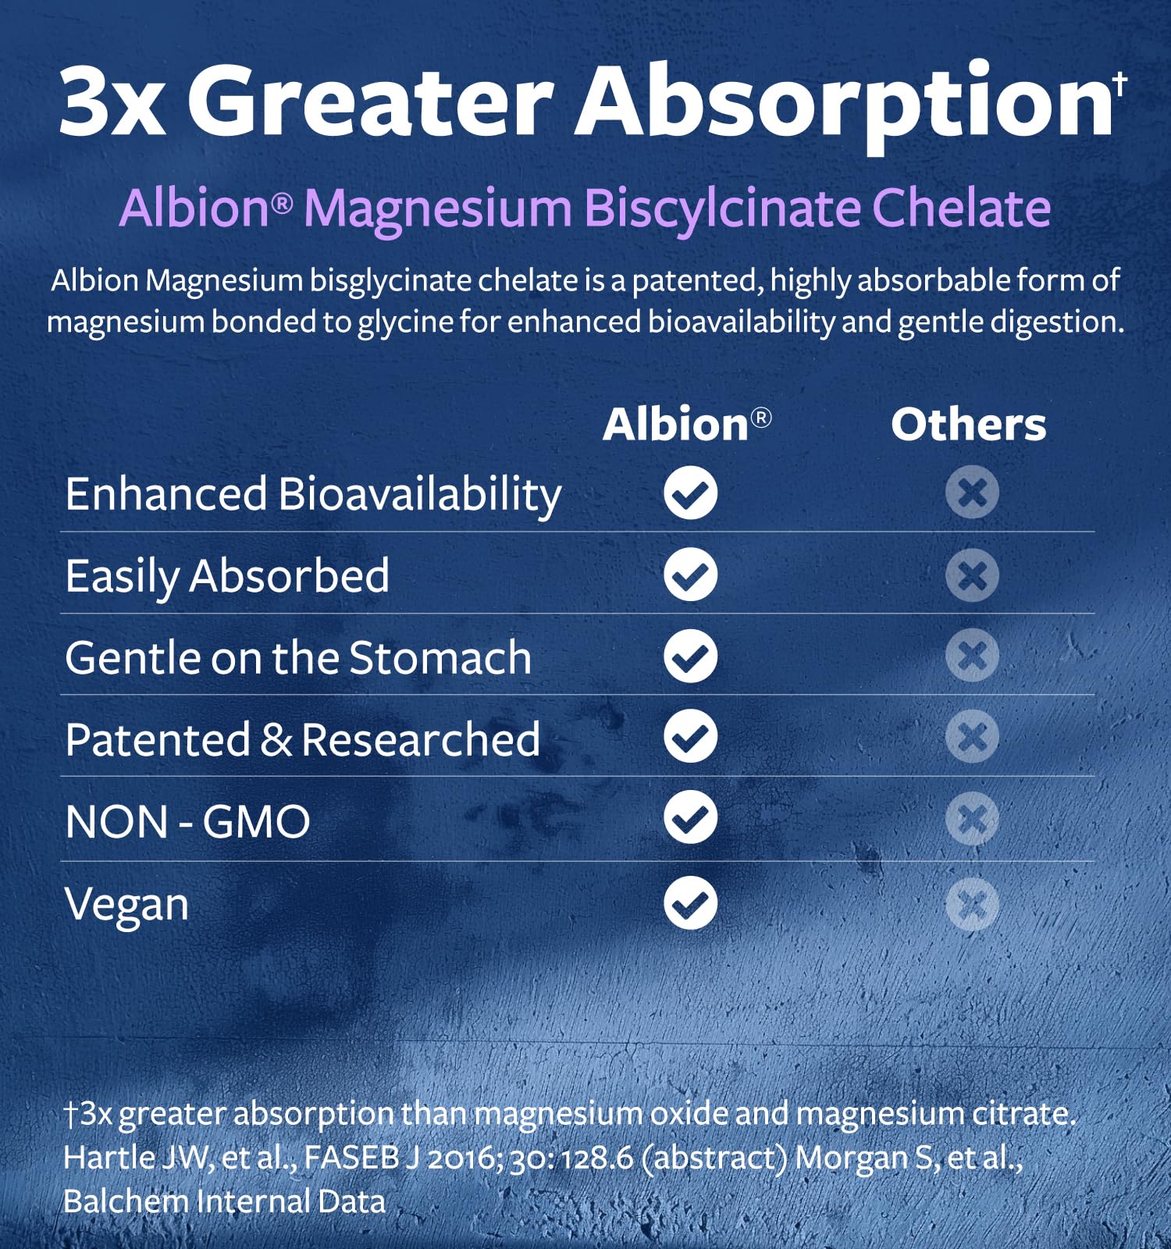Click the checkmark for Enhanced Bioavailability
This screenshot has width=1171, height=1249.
tap(691, 493)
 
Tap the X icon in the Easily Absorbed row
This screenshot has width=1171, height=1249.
tap(972, 575)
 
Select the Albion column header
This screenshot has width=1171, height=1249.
tap(687, 425)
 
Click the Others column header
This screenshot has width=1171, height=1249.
tap(968, 425)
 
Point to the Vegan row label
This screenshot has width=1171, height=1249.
tap(127, 906)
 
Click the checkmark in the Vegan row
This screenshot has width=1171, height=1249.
tap(691, 903)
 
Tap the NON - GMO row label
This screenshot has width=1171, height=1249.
tap(188, 822)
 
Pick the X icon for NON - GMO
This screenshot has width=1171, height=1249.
tap(972, 819)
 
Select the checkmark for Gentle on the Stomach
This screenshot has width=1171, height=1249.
tap(691, 656)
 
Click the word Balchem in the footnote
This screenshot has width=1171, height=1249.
tap(126, 1201)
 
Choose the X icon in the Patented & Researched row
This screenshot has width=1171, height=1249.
tap(972, 736)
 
